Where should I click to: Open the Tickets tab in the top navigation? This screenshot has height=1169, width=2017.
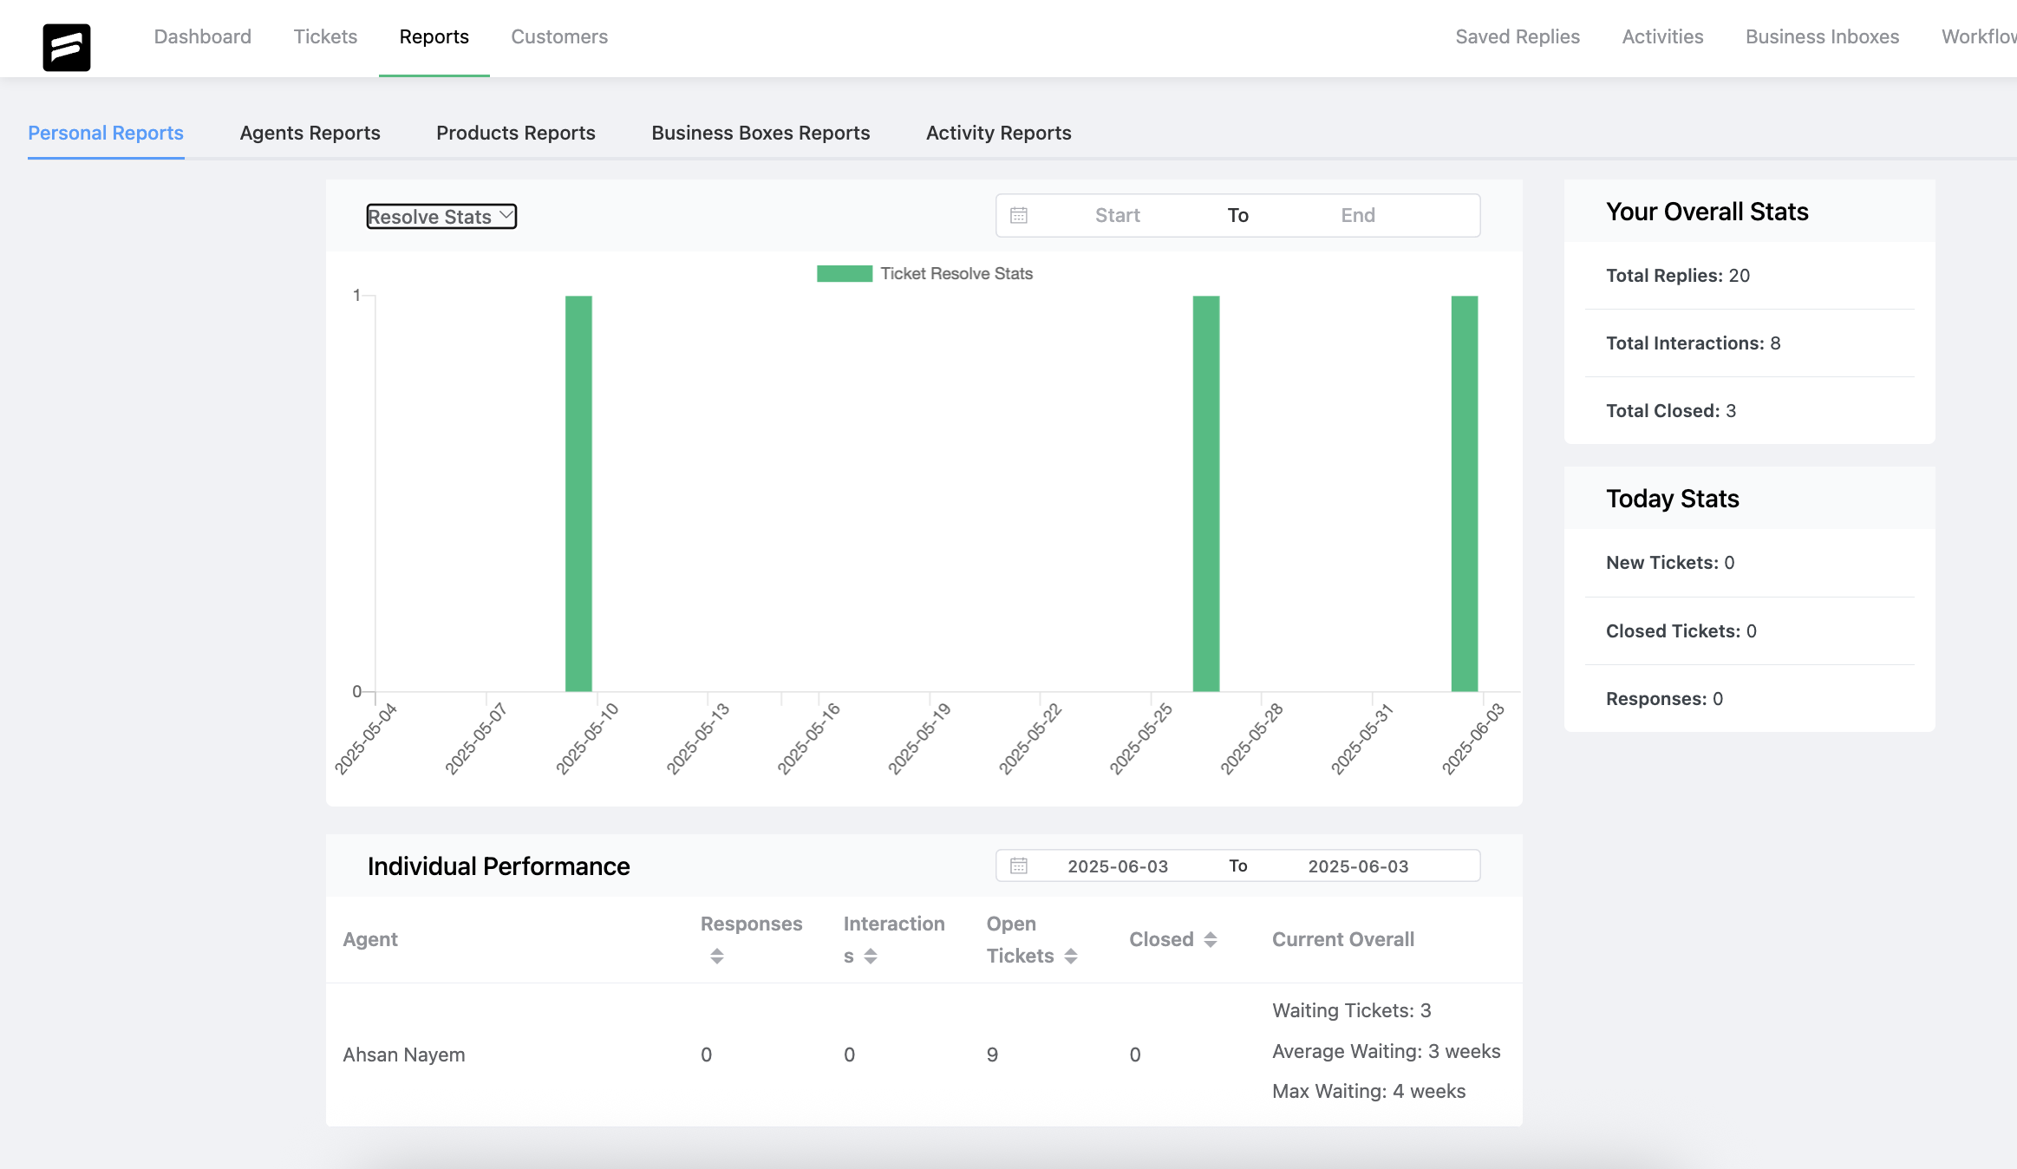[x=325, y=37]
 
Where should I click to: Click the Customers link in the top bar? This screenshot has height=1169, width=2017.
[x=559, y=37]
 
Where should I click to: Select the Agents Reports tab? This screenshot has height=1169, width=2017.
[x=310, y=133]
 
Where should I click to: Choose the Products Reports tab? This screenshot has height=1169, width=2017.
[x=516, y=133]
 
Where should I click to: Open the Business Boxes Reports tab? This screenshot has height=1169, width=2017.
[x=760, y=133]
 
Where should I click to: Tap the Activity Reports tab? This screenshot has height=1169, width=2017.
[x=998, y=133]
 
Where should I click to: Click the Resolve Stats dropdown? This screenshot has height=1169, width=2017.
[x=441, y=217]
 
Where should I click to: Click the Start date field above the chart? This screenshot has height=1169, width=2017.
[x=1117, y=215]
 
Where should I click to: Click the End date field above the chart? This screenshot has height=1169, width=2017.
[x=1357, y=215]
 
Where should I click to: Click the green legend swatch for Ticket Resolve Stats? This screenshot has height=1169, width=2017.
[x=844, y=274]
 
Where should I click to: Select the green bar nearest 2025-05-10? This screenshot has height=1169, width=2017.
[x=578, y=493]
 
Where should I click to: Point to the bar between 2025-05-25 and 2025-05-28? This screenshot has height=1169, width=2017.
[x=1205, y=493]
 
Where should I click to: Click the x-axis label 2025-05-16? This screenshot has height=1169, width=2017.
[x=808, y=739]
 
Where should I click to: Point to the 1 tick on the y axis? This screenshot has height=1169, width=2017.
[x=356, y=296]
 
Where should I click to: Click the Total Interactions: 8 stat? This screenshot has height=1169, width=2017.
[x=1693, y=343]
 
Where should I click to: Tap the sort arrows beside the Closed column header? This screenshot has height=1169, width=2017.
[x=1211, y=940]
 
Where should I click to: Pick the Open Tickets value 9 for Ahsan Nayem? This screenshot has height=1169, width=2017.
[x=992, y=1055]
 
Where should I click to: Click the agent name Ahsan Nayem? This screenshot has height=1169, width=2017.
[x=404, y=1055]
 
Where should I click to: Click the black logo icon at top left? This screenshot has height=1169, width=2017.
[x=67, y=47]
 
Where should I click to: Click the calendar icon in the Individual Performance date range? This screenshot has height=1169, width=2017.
[x=1019, y=865]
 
